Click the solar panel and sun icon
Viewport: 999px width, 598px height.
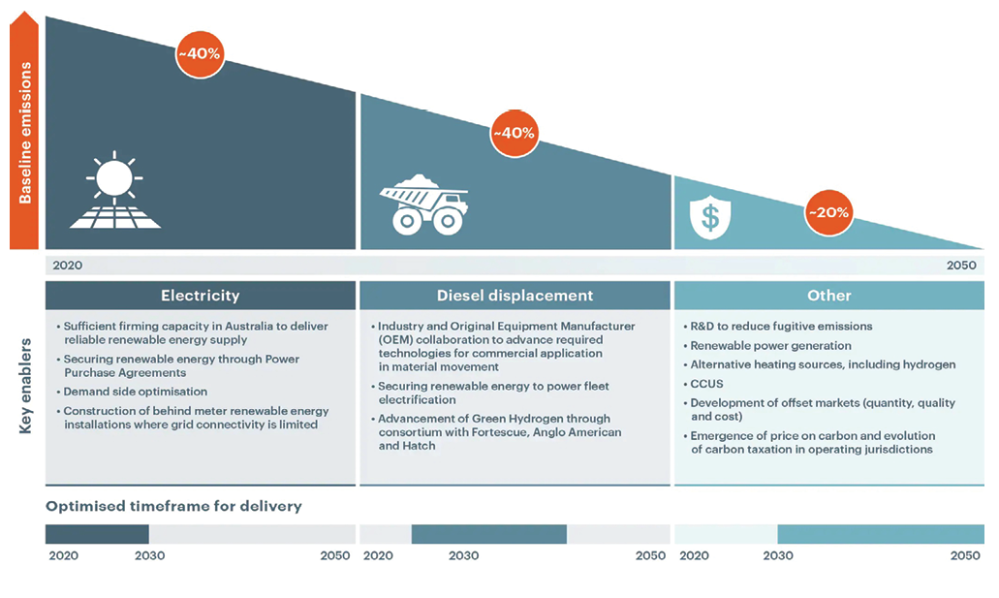tap(114, 190)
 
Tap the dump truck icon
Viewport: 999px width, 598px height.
tap(424, 205)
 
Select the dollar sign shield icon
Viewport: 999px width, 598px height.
tap(709, 217)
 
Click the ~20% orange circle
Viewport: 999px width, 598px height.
tap(828, 212)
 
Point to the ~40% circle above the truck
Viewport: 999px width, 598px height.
tap(515, 133)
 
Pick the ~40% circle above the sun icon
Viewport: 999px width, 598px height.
tap(200, 54)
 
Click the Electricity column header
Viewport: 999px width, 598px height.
tap(200, 296)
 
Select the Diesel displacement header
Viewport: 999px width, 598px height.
tap(515, 296)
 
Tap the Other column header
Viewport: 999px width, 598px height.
tap(828, 296)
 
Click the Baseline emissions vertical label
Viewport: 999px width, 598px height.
tap(25, 133)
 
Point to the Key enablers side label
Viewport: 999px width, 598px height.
tap(25, 387)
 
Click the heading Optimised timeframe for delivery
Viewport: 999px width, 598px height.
tap(173, 506)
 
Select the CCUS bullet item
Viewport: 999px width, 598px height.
tap(706, 384)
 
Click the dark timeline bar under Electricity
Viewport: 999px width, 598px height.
tap(97, 534)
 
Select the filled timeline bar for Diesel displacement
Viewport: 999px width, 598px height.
tap(488, 534)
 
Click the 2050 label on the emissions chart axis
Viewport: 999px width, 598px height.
tap(961, 266)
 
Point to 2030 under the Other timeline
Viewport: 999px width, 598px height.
tap(778, 555)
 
